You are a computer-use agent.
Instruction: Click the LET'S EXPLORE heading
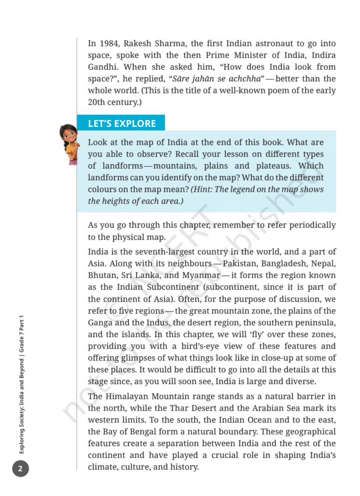122,124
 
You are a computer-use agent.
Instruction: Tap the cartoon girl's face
68,135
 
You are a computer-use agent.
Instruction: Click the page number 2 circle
20,468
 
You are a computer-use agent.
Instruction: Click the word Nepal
323,264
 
